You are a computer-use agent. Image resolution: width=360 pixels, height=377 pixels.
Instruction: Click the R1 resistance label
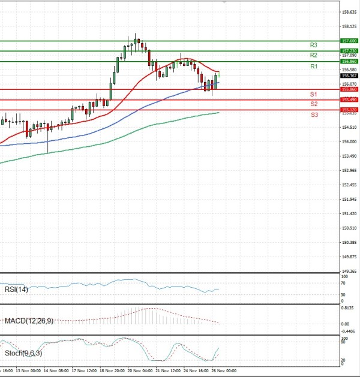point(314,67)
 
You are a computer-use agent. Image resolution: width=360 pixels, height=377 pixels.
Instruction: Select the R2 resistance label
point(314,55)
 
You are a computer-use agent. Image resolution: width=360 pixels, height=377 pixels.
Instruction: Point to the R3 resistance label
point(314,45)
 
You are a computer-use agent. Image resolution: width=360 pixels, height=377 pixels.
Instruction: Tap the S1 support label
point(314,95)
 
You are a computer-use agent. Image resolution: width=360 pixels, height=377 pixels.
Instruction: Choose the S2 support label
point(314,104)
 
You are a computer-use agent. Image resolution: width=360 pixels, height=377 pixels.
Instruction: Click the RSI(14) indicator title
point(16,290)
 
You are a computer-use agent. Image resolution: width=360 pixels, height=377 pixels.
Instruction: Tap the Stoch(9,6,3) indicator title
point(23,353)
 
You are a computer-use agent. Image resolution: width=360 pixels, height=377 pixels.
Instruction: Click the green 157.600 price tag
point(349,41)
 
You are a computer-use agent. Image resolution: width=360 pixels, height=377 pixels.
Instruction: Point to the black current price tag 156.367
point(349,76)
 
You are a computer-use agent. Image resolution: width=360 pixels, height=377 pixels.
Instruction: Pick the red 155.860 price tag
point(349,89)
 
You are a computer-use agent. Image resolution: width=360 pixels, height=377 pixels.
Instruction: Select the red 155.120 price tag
point(349,110)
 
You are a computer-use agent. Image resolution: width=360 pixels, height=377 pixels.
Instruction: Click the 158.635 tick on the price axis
point(349,11)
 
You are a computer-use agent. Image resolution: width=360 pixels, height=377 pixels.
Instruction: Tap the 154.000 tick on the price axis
point(349,141)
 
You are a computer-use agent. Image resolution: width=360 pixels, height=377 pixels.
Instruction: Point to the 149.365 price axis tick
point(349,272)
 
